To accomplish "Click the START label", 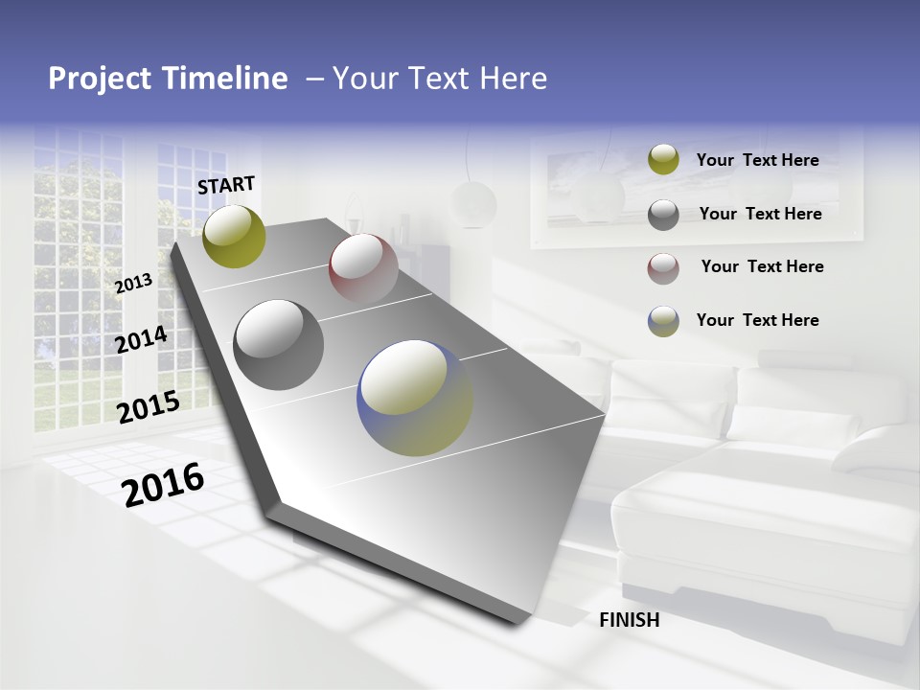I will pos(226,185).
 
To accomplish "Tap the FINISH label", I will pos(630,620).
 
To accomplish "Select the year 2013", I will pos(133,284).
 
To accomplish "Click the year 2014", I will pos(141,339).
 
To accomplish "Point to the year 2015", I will pos(149,407).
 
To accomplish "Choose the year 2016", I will pos(163,484).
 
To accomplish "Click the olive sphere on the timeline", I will pos(235,236).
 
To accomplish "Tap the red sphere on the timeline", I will pos(363,267).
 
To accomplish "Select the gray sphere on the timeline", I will pos(279,345).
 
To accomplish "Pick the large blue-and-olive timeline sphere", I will pos(415,398).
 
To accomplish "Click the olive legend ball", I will pos(663,160).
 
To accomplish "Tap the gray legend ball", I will pos(663,215).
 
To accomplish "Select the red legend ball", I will pos(663,267).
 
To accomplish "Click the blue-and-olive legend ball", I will pos(663,321).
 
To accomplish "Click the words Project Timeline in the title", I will pos(168,79).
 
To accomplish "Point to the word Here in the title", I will pos(511,79).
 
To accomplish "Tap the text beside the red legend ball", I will pos(762,266).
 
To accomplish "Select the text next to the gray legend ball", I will pos(760,214).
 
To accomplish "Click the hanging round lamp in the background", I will pos(474,203).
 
